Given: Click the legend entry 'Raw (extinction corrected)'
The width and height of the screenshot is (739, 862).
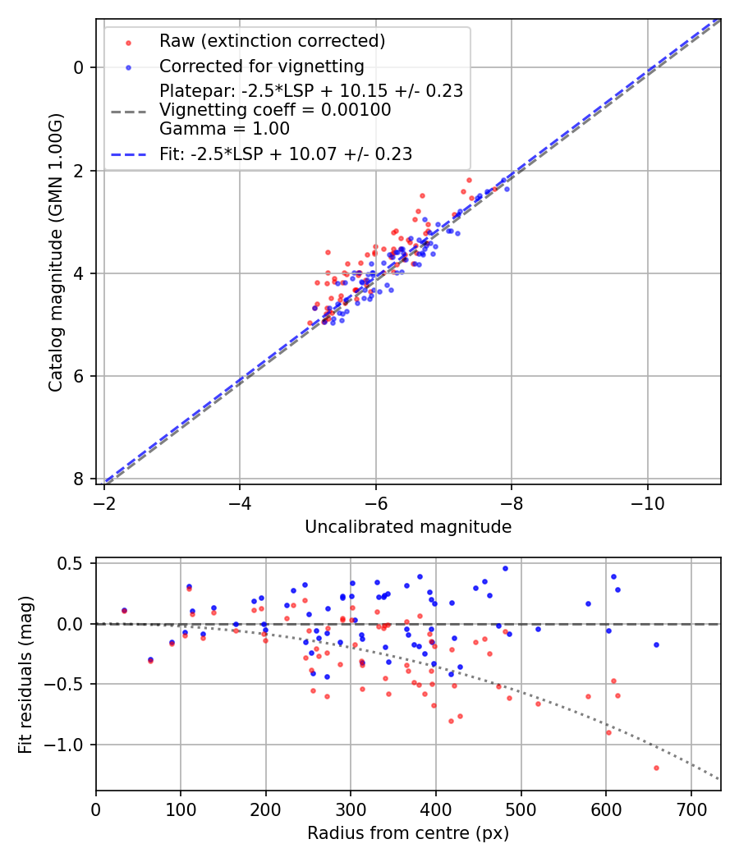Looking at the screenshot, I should (272, 40).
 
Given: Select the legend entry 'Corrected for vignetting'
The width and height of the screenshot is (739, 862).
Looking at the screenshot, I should (262, 66).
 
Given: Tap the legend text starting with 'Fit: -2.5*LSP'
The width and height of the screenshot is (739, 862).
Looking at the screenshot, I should (286, 154).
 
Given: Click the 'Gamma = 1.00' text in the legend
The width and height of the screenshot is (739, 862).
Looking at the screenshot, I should (224, 128).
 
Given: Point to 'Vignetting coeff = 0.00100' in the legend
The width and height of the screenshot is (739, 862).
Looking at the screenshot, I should (275, 109).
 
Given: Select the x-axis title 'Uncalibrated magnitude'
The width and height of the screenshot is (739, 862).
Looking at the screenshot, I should (408, 527).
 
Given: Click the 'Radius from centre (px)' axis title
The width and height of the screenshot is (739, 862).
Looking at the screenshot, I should (408, 833).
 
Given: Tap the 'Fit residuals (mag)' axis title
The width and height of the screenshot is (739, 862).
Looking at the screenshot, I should (25, 674).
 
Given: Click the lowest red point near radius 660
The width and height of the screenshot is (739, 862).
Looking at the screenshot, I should (656, 768).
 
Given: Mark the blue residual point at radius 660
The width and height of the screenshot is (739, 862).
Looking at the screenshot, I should (656, 644).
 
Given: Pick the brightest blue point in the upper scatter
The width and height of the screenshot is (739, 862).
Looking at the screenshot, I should (507, 189).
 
